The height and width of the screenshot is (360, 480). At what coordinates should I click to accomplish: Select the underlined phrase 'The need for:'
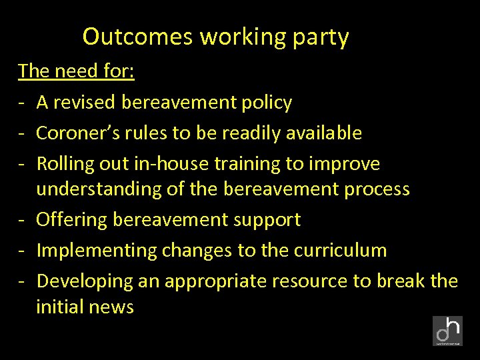tap(77, 71)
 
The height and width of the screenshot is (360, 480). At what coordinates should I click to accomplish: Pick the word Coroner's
tap(73, 133)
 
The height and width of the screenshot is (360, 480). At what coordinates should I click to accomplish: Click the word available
tap(324, 133)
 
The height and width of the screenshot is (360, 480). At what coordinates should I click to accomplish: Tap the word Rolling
tap(64, 164)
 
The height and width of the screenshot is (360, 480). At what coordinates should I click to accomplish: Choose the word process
tap(377, 189)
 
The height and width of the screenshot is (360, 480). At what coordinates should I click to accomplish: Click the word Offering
tap(72, 220)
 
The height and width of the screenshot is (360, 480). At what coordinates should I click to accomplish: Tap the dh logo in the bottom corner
tap(447, 331)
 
